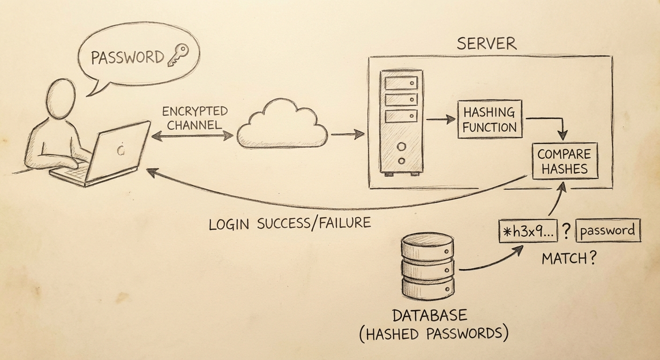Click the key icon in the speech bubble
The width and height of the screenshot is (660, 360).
click(177, 55)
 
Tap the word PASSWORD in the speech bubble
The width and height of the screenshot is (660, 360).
click(127, 58)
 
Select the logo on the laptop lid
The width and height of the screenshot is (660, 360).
click(121, 150)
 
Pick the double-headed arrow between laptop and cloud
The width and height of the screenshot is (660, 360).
click(192, 135)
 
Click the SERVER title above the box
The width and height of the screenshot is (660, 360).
click(486, 44)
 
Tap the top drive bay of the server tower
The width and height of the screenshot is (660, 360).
click(401, 83)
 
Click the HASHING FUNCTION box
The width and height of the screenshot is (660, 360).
click(489, 119)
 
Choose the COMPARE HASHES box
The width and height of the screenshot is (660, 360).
click(564, 161)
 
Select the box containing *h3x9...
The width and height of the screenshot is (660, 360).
click(528, 231)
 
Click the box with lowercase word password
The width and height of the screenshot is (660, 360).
click(607, 231)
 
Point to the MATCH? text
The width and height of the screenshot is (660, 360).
click(569, 258)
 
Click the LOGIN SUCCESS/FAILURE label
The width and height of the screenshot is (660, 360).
click(290, 224)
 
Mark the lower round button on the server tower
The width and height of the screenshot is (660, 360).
click(401, 161)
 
